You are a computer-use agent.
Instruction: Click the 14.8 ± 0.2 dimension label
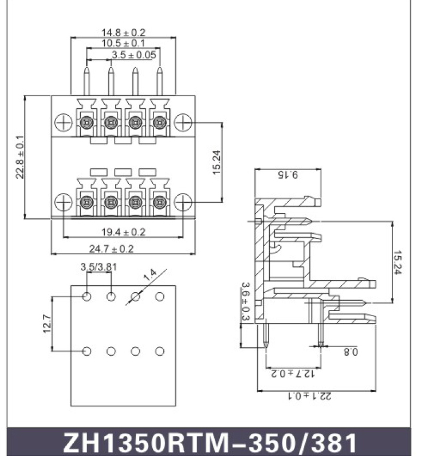[x=123, y=32]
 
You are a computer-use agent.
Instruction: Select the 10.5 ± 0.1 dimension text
[x=123, y=43]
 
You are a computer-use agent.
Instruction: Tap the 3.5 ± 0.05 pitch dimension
[x=133, y=55]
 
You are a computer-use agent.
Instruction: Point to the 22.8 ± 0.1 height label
[x=20, y=157]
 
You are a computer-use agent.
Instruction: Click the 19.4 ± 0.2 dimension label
[x=123, y=232]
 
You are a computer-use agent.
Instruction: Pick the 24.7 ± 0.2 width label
[x=112, y=249]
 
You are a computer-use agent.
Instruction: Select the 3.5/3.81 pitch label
[x=99, y=267]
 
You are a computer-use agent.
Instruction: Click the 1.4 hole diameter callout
[x=150, y=275]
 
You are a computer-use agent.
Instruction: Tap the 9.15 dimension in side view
[x=288, y=175]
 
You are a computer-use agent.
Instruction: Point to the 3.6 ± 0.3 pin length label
[x=246, y=301]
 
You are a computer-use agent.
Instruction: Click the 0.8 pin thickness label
[x=351, y=352]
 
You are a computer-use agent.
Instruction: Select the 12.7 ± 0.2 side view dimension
[x=293, y=373]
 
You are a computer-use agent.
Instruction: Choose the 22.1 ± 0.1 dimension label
[x=310, y=396]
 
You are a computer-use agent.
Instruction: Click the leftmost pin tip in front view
[x=86, y=67]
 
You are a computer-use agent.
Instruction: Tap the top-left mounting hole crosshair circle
[x=64, y=122]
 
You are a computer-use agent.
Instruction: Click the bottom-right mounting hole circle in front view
[x=183, y=202]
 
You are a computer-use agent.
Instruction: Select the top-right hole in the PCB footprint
[x=160, y=297]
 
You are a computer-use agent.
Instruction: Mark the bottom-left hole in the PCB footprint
[x=86, y=351]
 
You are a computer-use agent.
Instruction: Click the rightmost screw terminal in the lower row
[x=159, y=202]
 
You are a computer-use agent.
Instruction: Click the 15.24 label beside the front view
[x=217, y=162]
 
